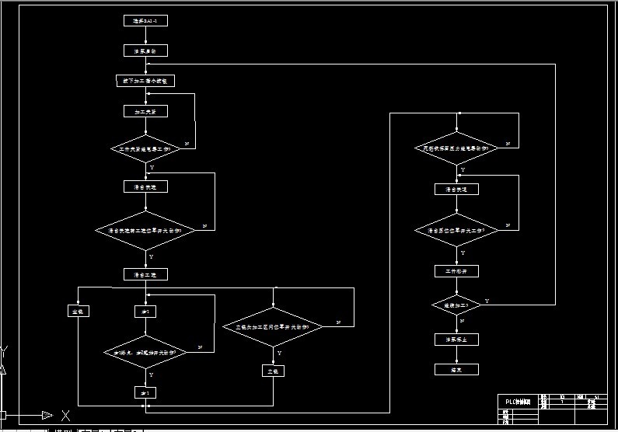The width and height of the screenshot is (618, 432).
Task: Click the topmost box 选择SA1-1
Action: coord(145,21)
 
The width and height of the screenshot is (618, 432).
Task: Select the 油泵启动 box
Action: coord(145,51)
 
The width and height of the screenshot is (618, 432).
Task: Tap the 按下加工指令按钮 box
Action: coord(145,80)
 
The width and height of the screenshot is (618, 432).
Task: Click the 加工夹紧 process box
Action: coord(145,111)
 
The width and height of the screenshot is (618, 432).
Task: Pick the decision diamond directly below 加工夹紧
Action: coord(145,147)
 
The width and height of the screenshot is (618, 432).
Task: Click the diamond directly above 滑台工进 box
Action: coord(145,230)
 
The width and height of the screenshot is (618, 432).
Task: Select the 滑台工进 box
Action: coord(145,274)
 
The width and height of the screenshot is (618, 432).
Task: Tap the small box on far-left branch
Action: coord(77,311)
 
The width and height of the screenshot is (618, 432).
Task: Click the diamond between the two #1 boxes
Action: coord(145,352)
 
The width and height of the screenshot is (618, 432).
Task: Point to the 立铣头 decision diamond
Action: coord(273,327)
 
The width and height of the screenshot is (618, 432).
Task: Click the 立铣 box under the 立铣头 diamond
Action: coord(273,371)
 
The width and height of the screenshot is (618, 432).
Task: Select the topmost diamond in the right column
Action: coord(457,147)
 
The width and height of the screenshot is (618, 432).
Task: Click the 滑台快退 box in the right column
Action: coord(456,189)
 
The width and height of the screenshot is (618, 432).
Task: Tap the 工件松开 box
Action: coord(456,271)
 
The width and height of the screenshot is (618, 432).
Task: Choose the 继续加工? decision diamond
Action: coord(456,305)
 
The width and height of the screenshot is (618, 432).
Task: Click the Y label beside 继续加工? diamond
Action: coord(487,300)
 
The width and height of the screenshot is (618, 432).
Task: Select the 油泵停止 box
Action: coord(456,339)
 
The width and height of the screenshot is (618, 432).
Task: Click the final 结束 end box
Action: coord(456,370)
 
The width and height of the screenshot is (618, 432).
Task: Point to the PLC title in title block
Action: coord(516,402)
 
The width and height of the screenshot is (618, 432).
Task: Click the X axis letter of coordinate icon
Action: coord(66,415)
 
